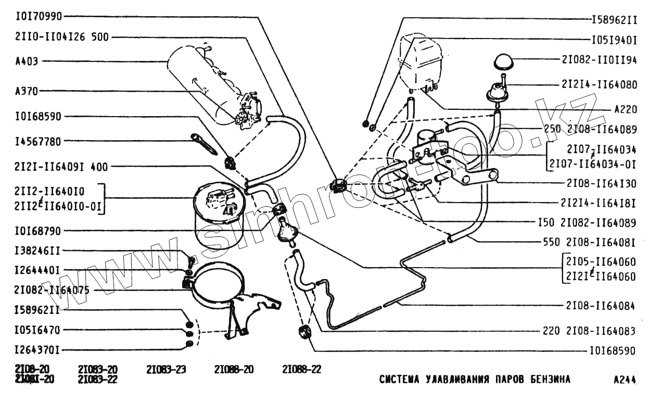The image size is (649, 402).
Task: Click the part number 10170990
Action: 39,16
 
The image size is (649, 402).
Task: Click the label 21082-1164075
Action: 52,290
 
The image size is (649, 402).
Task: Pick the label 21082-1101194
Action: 599,60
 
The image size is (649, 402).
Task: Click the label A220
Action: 625,110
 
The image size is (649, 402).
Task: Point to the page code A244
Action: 625,380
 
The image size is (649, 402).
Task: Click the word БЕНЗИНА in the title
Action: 549,379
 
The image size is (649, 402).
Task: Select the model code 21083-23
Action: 167,370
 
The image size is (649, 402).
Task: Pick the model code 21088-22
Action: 302,370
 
